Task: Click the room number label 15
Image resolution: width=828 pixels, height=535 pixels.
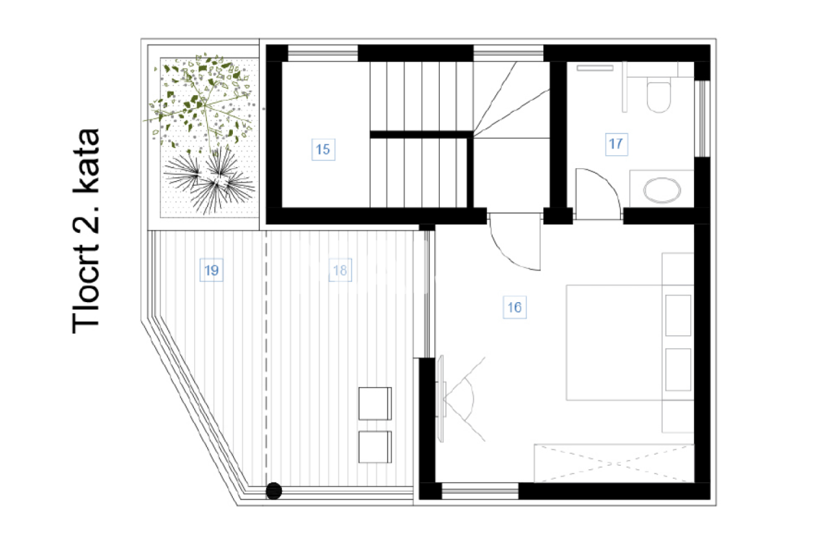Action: (x=323, y=149)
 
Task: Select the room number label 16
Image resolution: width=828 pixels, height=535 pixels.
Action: (x=514, y=307)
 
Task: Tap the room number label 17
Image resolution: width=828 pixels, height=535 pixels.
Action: (x=616, y=144)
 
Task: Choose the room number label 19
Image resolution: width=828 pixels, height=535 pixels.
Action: (x=212, y=270)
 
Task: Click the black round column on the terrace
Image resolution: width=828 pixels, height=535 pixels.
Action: (x=274, y=491)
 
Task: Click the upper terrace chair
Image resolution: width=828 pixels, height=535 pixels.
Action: (x=375, y=403)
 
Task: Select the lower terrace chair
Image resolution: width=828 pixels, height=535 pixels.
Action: (x=375, y=447)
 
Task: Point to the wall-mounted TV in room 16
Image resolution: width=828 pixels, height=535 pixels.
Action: (x=442, y=399)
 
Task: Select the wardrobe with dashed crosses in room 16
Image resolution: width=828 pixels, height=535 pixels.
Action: (x=613, y=463)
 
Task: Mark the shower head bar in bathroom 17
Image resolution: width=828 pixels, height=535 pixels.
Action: (x=594, y=67)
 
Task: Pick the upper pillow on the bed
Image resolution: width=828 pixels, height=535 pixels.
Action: (x=678, y=316)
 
